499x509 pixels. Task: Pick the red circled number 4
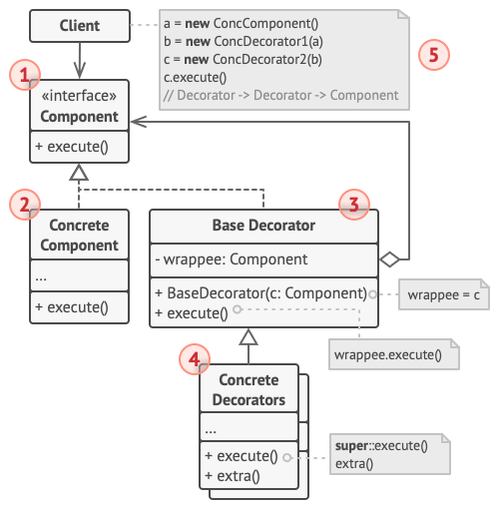[195, 356]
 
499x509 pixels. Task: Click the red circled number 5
[432, 55]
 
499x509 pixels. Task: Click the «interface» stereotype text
[80, 98]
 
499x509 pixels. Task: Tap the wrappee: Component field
[221, 260]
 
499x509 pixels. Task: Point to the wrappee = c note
[443, 296]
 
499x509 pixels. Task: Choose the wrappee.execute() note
[392, 353]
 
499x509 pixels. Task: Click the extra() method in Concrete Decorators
[234, 475]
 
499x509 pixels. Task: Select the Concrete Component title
[80, 235]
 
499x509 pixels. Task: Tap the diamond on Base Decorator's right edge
[390, 259]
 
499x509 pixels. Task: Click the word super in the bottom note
[355, 445]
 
